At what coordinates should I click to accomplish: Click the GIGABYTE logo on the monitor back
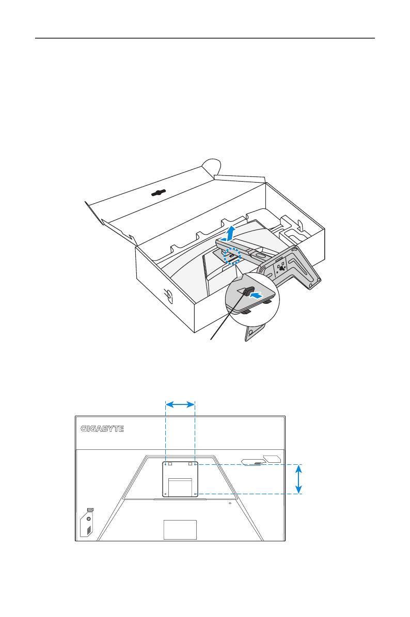pos(102,429)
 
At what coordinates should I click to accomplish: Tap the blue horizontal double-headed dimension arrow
pos(180,406)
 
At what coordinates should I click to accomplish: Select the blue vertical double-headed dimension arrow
pos(298,479)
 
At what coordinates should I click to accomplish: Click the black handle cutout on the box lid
pos(160,192)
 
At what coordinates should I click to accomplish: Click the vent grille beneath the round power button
pos(88,530)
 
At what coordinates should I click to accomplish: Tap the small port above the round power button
pos(89,509)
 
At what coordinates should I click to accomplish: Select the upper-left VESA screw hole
pos(165,464)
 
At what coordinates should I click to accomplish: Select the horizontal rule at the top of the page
pos(205,38)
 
